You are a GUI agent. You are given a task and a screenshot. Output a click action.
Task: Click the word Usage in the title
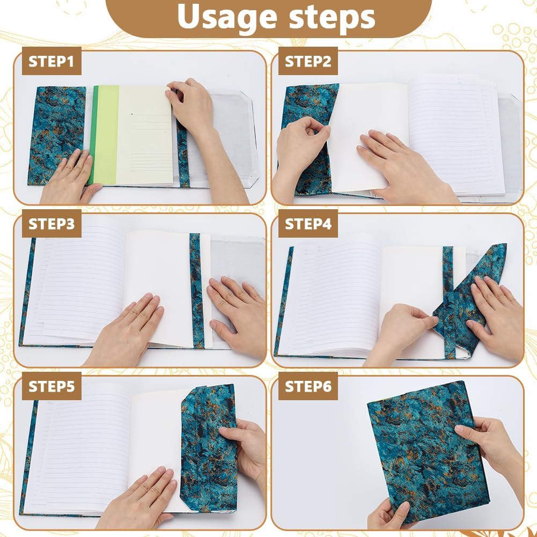pos(227,17)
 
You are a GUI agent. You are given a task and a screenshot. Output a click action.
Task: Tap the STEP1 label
pos(52,61)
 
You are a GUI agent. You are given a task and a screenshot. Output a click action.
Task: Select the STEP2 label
pos(308,61)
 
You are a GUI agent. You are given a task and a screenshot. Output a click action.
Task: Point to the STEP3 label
pos(52,224)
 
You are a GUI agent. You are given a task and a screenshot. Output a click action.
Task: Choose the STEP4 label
pos(308,224)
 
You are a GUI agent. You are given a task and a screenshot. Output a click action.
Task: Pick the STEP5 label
pos(52,386)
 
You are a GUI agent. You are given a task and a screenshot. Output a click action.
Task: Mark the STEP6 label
pos(308,386)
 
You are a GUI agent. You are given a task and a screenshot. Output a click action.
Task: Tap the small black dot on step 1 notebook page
pos(132,114)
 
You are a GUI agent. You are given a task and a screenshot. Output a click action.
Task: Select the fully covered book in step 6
pos(428,452)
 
